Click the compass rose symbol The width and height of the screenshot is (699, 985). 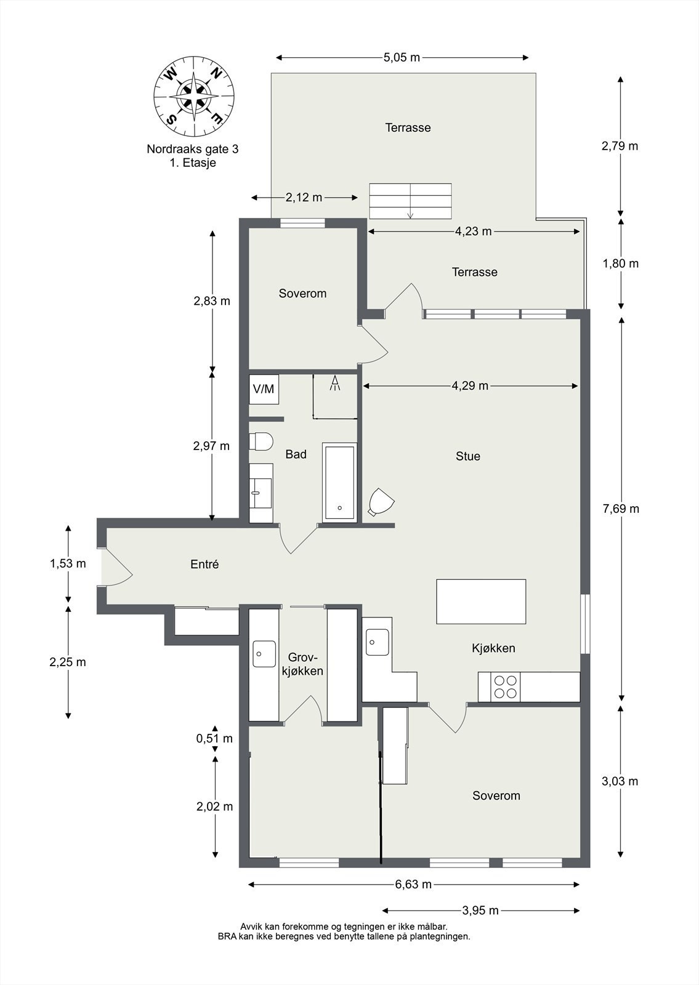pos(194,96)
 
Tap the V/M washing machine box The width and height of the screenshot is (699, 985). pos(264,389)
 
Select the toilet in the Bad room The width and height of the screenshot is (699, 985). pos(261,441)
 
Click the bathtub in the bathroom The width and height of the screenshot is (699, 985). pos(339,483)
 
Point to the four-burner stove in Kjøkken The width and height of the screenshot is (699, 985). pos(505,687)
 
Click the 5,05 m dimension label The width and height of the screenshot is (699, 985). pos(402,58)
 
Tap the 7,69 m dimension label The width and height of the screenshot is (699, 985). pos(621,509)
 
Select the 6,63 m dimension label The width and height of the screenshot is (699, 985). pos(413,884)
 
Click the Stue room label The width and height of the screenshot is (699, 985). pos(467,456)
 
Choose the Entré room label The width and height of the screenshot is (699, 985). pos(204,564)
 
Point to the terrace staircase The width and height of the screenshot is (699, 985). pos(410,201)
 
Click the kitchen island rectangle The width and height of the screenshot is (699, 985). pos(481,601)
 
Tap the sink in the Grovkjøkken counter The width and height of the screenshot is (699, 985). pos(264,654)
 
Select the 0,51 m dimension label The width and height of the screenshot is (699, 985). pos(214,738)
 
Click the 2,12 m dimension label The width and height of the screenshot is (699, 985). pos(304,198)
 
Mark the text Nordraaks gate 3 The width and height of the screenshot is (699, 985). pos(193,149)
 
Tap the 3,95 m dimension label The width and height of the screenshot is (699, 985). pos(480,911)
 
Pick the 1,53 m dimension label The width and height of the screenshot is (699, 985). pos(68,563)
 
